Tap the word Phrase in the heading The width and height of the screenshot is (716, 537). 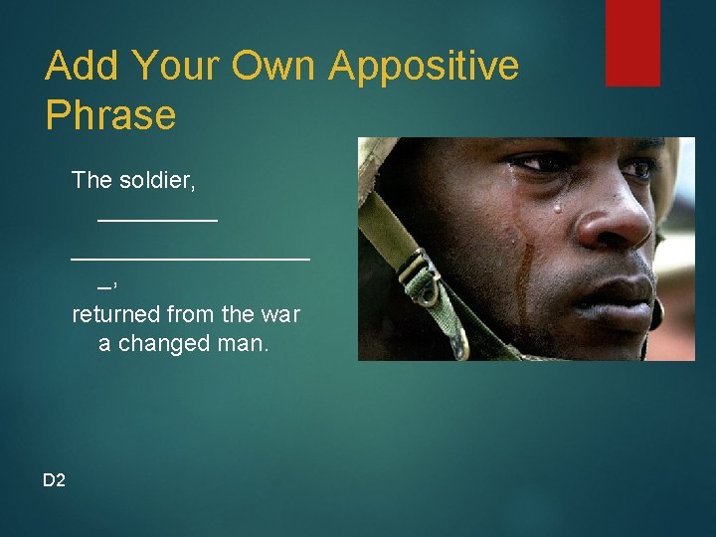pyautogui.click(x=110, y=116)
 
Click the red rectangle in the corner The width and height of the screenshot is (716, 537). pyautogui.click(x=632, y=42)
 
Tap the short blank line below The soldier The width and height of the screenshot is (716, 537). pyautogui.click(x=157, y=220)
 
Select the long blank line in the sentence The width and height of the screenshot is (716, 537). pyautogui.click(x=190, y=257)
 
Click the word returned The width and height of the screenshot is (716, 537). pyautogui.click(x=115, y=314)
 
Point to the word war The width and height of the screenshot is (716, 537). pyautogui.click(x=279, y=314)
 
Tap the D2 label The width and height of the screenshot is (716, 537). pyautogui.click(x=54, y=480)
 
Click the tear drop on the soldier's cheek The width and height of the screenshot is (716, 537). pyautogui.click(x=558, y=207)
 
